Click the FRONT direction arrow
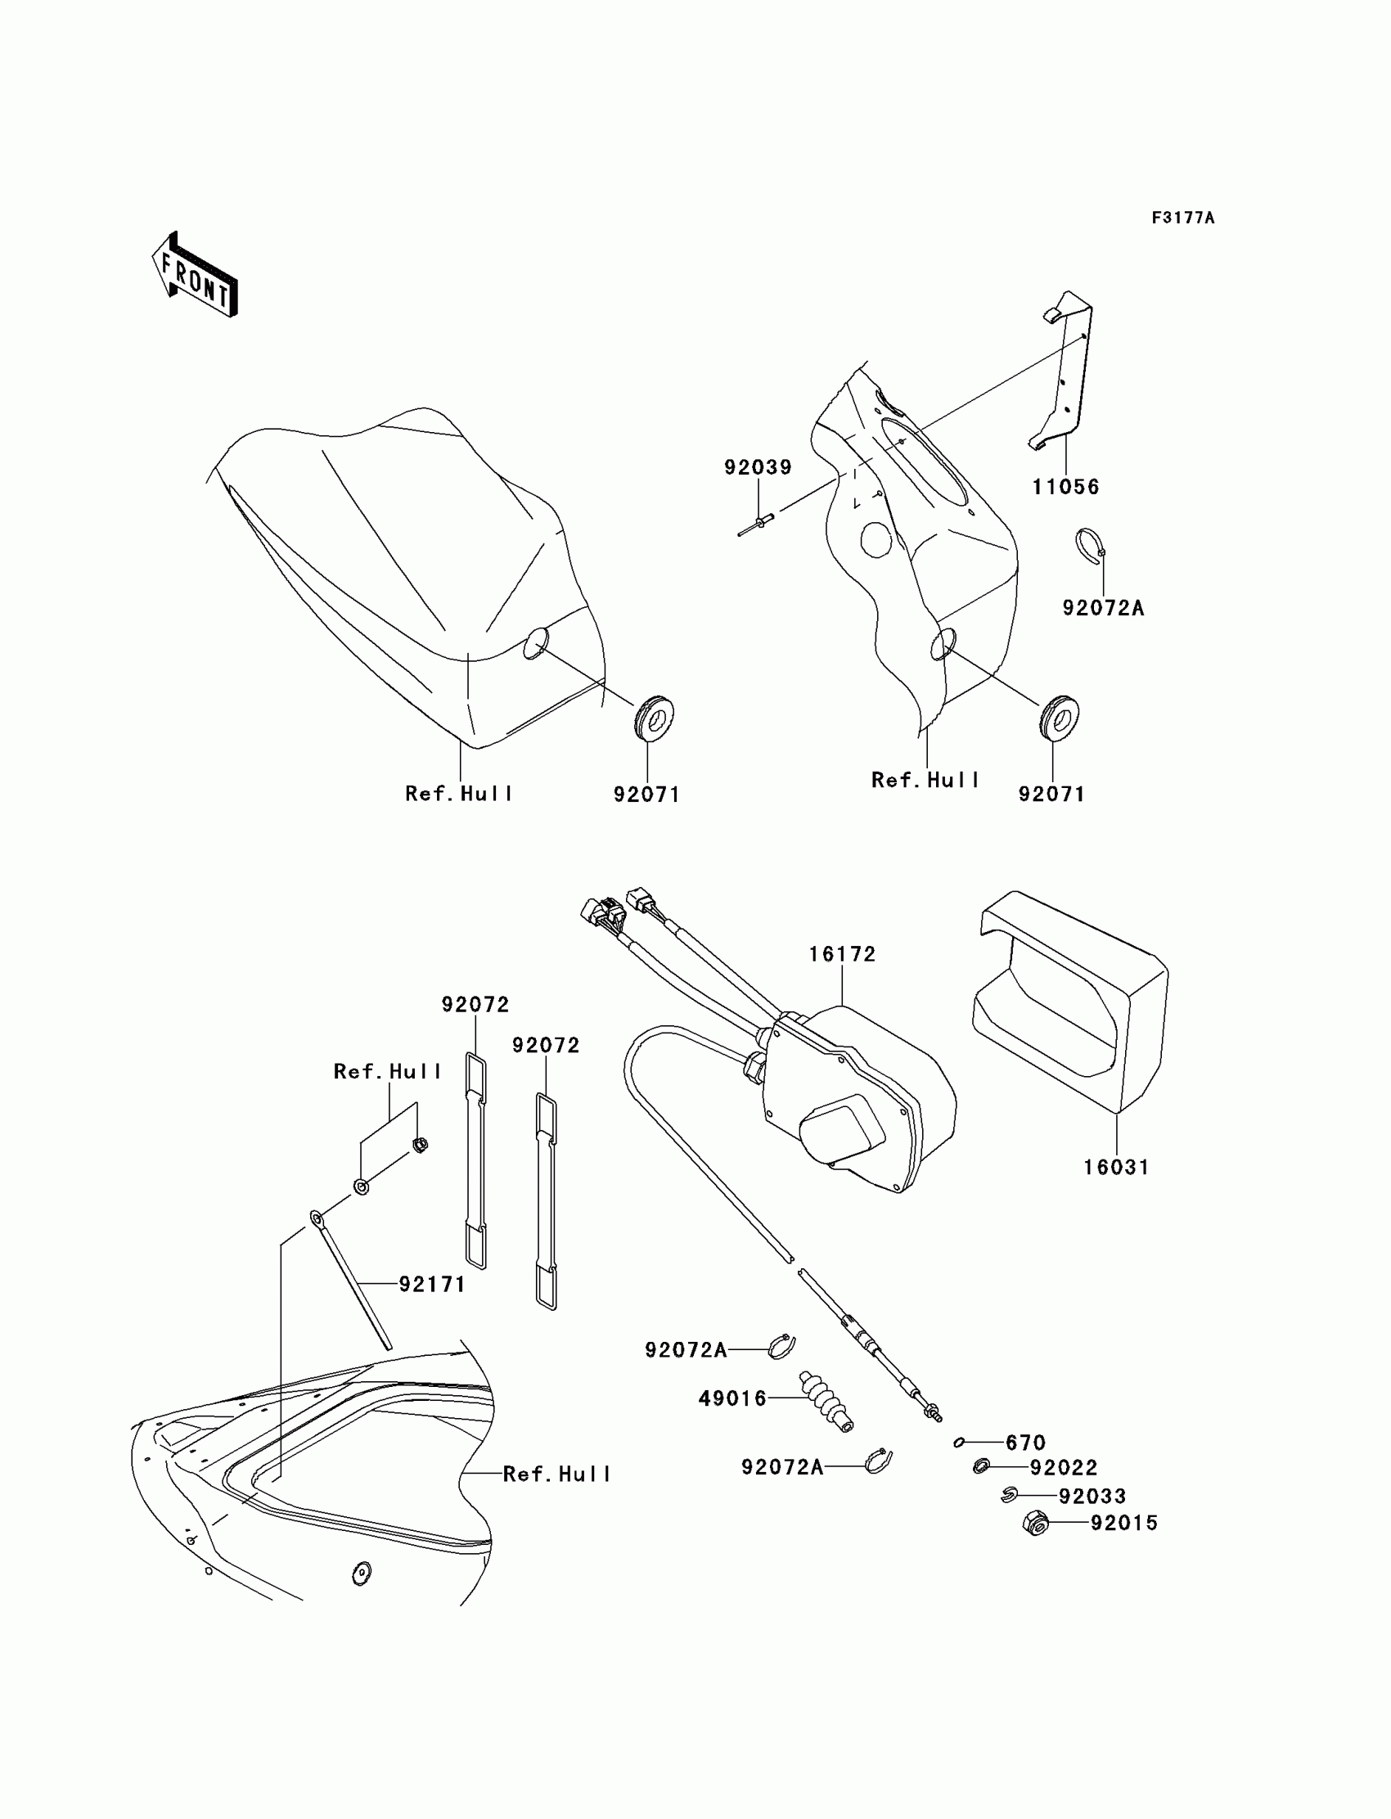click(196, 277)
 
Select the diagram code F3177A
click(1182, 218)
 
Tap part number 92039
click(758, 468)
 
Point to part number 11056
click(1065, 488)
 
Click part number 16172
click(842, 955)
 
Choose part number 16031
click(1116, 1168)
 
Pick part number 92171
click(432, 1285)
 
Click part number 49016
click(733, 1399)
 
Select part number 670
click(1026, 1443)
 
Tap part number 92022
click(1063, 1469)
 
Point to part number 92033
click(1092, 1497)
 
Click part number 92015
click(1123, 1524)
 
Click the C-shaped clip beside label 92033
click(1008, 1494)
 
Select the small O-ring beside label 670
click(959, 1443)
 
